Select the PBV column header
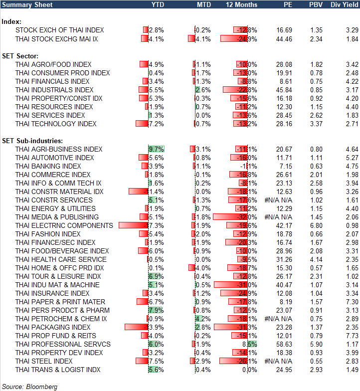[316, 4]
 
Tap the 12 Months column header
[242, 4]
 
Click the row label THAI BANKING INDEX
[48, 166]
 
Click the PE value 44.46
[284, 38]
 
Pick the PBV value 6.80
[316, 225]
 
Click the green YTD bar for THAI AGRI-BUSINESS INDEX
[156, 149]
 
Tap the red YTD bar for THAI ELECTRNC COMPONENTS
[133, 225]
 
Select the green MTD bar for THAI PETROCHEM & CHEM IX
[196, 319]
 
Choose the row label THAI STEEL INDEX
[44, 361]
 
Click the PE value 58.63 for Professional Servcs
[284, 344]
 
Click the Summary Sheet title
[23, 4]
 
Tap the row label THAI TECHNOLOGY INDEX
[56, 124]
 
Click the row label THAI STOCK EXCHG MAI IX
[57, 38]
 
